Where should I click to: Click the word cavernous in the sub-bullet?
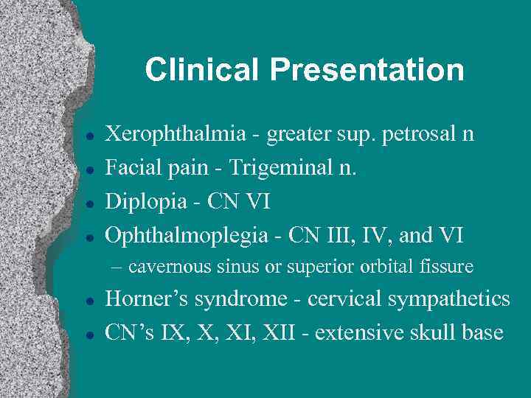(167, 266)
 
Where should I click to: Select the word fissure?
(449, 266)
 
